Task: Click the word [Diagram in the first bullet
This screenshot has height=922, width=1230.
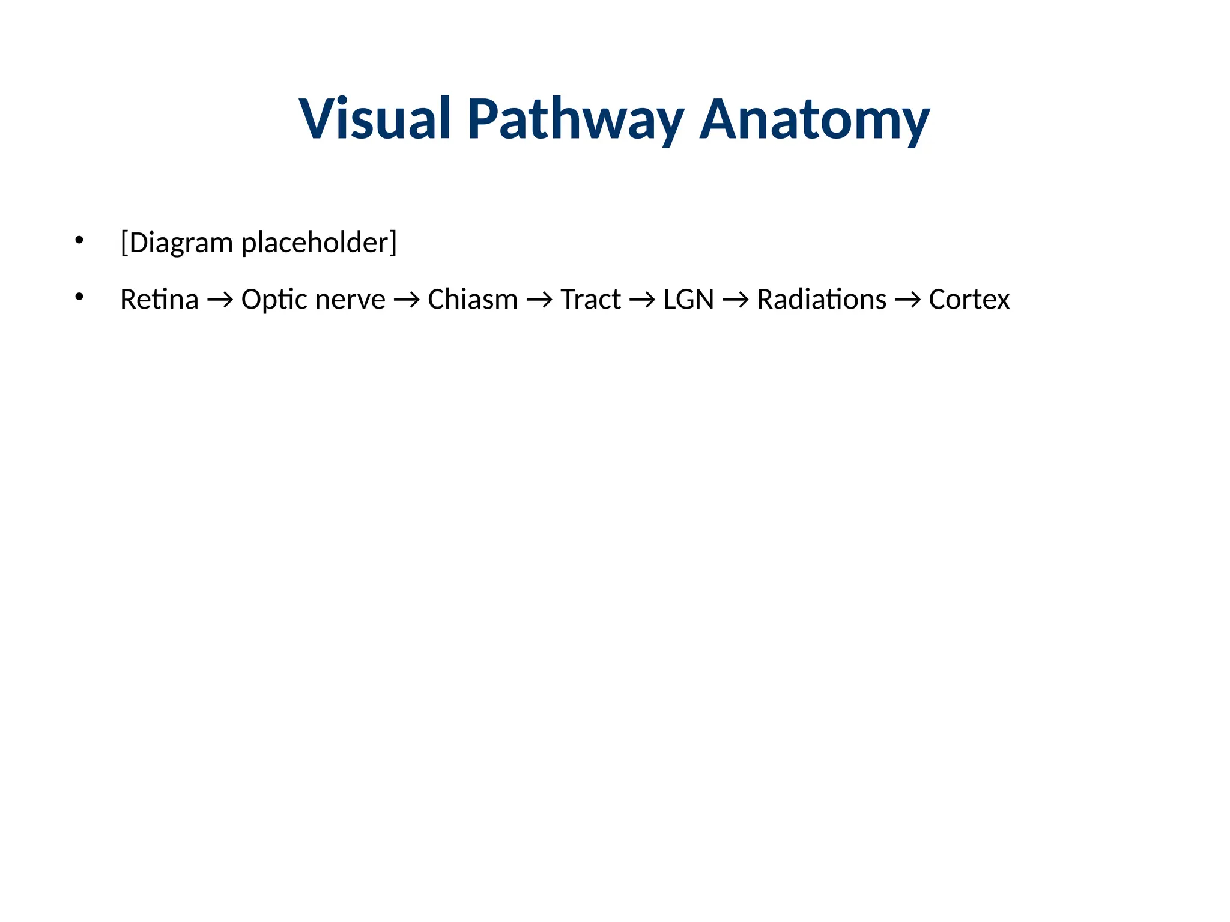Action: pyautogui.click(x=177, y=243)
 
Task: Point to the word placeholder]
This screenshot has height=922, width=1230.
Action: pyautogui.click(x=319, y=243)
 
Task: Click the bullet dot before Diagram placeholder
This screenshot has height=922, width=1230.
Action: pyautogui.click(x=79, y=240)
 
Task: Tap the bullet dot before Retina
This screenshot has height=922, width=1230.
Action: pyautogui.click(x=79, y=297)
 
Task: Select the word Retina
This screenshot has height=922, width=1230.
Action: pyautogui.click(x=159, y=299)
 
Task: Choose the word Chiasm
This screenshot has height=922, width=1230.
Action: pyautogui.click(x=473, y=299)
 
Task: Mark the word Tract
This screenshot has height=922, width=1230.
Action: pyautogui.click(x=590, y=299)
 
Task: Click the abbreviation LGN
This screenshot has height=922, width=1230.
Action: pyautogui.click(x=688, y=299)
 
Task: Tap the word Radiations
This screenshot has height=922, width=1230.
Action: pyautogui.click(x=821, y=299)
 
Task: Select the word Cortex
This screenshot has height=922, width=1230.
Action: pyautogui.click(x=969, y=299)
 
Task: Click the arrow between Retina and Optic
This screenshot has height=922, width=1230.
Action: pyautogui.click(x=220, y=300)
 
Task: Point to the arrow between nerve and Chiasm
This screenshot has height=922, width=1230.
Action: pyautogui.click(x=407, y=300)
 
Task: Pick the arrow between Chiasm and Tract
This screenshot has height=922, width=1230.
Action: pyautogui.click(x=539, y=300)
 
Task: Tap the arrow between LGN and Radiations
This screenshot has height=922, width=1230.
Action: pyautogui.click(x=735, y=300)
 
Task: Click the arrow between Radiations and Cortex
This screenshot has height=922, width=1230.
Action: pyautogui.click(x=907, y=300)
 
